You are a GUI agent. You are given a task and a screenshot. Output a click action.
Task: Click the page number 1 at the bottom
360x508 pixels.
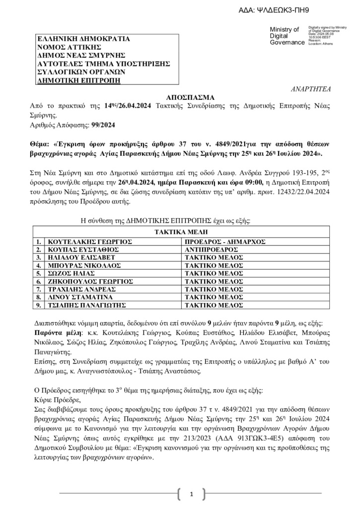[x=191, y=494]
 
